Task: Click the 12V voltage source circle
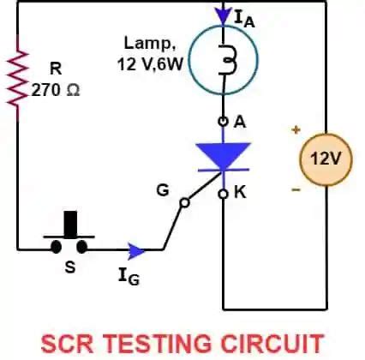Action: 325,159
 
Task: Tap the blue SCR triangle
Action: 223,157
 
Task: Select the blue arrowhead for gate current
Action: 135,249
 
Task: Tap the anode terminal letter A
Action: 240,123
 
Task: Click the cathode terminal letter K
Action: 240,193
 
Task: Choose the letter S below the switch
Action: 70,267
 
